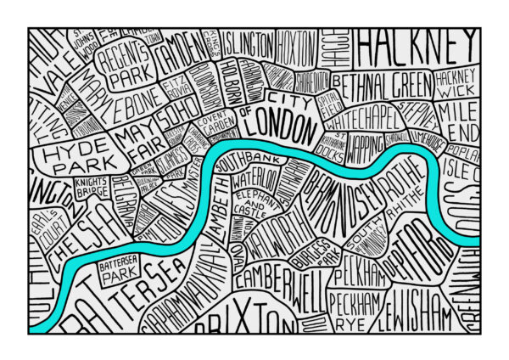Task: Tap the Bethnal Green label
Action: coord(384,82)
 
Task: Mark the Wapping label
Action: coord(366,150)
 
